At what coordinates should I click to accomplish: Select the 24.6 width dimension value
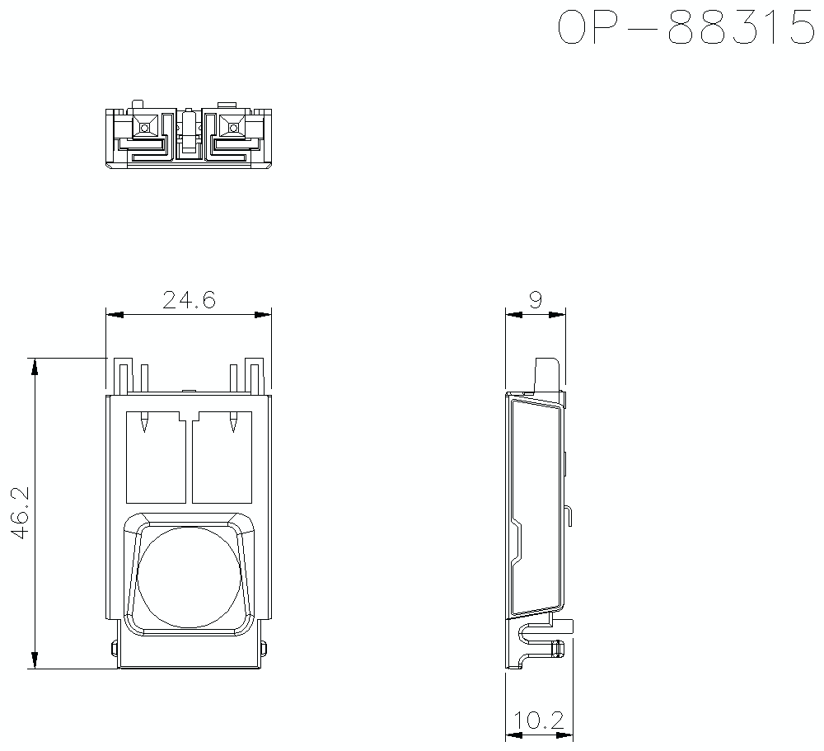(x=189, y=300)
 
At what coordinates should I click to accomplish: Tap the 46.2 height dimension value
(x=20, y=513)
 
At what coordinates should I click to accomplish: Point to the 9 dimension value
(x=535, y=300)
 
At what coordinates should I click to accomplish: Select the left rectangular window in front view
(x=156, y=458)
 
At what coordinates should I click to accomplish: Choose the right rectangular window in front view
(x=222, y=458)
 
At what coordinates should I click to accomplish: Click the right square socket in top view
(x=232, y=127)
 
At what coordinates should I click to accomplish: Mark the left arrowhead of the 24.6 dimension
(x=115, y=314)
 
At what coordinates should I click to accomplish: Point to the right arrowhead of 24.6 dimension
(x=263, y=314)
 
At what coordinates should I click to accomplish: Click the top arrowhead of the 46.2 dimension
(x=35, y=367)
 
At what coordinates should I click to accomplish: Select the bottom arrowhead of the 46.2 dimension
(x=35, y=659)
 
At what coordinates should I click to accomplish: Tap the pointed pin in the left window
(x=144, y=423)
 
